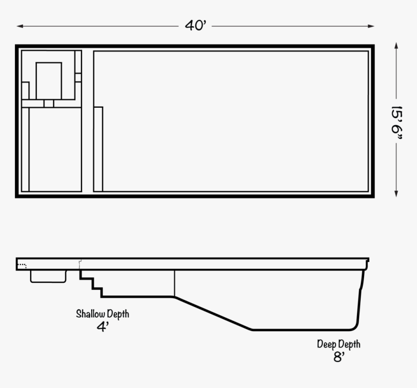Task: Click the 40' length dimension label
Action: [196, 26]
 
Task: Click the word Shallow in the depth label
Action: [91, 314]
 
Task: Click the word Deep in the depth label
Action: [326, 344]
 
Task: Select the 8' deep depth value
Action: [339, 357]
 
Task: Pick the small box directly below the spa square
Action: [48, 103]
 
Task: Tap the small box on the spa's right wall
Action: [78, 77]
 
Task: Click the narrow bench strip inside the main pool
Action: [98, 149]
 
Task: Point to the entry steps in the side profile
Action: [92, 283]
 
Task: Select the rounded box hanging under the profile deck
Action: [48, 276]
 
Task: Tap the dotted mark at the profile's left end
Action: [22, 265]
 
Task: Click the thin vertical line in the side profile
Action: [174, 283]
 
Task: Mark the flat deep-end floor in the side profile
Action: [301, 330]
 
